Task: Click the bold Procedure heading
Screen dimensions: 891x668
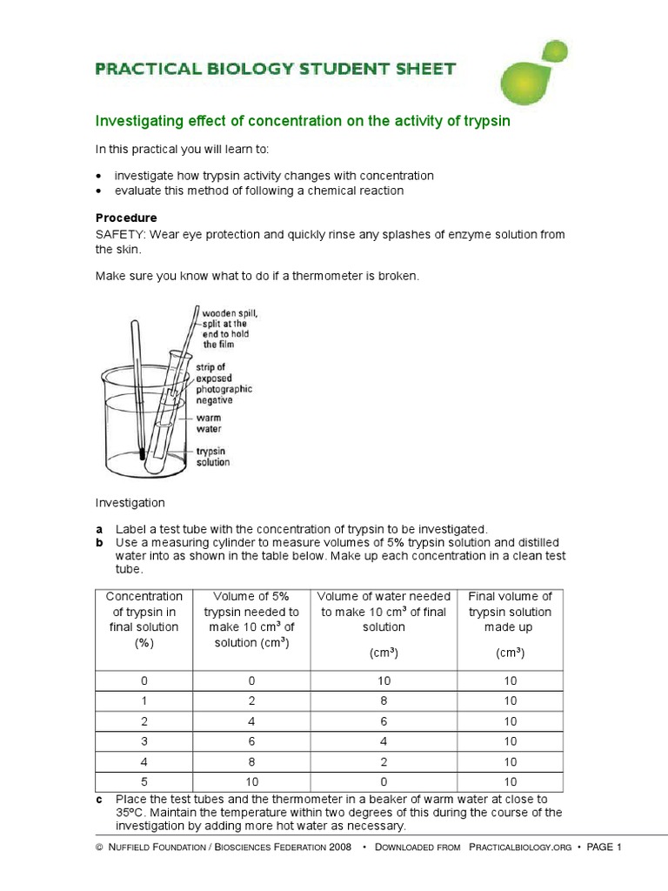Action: pos(126,218)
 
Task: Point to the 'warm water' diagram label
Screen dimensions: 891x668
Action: pos(209,424)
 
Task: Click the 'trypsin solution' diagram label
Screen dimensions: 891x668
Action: pos(213,457)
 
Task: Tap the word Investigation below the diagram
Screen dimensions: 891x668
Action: pos(129,503)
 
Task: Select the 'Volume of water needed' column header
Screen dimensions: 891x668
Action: pos(384,612)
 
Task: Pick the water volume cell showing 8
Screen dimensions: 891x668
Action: pos(384,700)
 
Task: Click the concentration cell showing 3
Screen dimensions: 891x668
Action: pos(144,741)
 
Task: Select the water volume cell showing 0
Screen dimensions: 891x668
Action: pos(384,782)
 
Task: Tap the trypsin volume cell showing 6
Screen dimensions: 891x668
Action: pos(251,741)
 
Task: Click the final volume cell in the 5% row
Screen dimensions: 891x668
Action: pos(510,782)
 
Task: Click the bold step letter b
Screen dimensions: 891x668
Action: pos(99,542)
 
